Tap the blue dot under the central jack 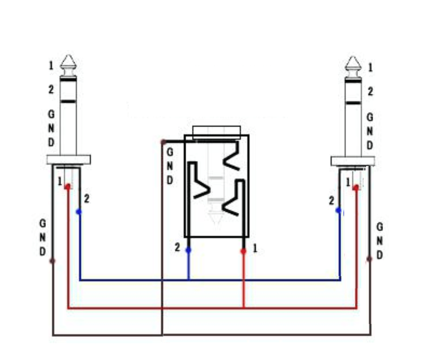point(188,250)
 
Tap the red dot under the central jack point(243,251)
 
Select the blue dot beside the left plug point(78,211)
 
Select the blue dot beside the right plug point(338,210)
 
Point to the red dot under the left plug point(68,187)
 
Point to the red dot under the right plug point(355,188)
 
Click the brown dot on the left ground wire point(53,260)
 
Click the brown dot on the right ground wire point(370,259)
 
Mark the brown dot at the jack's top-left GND point(163,142)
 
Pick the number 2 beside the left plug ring point(50,90)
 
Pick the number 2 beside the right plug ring point(370,92)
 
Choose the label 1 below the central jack point(255,248)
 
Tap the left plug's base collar point(69,160)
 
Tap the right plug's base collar point(352,161)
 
